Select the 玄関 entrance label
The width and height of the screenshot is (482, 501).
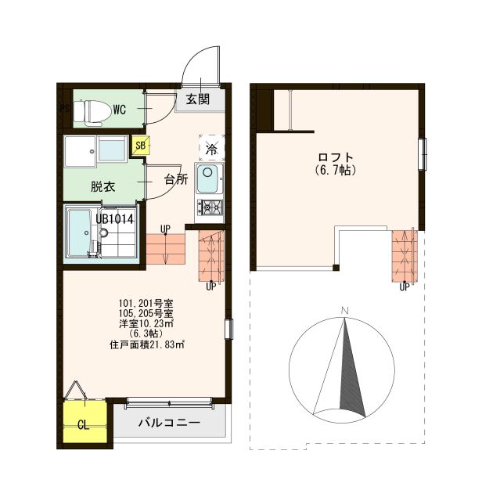pyautogui.click(x=197, y=99)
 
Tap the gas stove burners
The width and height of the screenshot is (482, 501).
pyautogui.click(x=210, y=208)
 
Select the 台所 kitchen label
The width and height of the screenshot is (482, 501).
pyautogui.click(x=175, y=179)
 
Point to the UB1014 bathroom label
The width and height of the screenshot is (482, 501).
pyautogui.click(x=116, y=219)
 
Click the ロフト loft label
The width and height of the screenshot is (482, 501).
pyautogui.click(x=335, y=156)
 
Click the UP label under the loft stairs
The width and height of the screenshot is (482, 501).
pyautogui.click(x=405, y=287)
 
